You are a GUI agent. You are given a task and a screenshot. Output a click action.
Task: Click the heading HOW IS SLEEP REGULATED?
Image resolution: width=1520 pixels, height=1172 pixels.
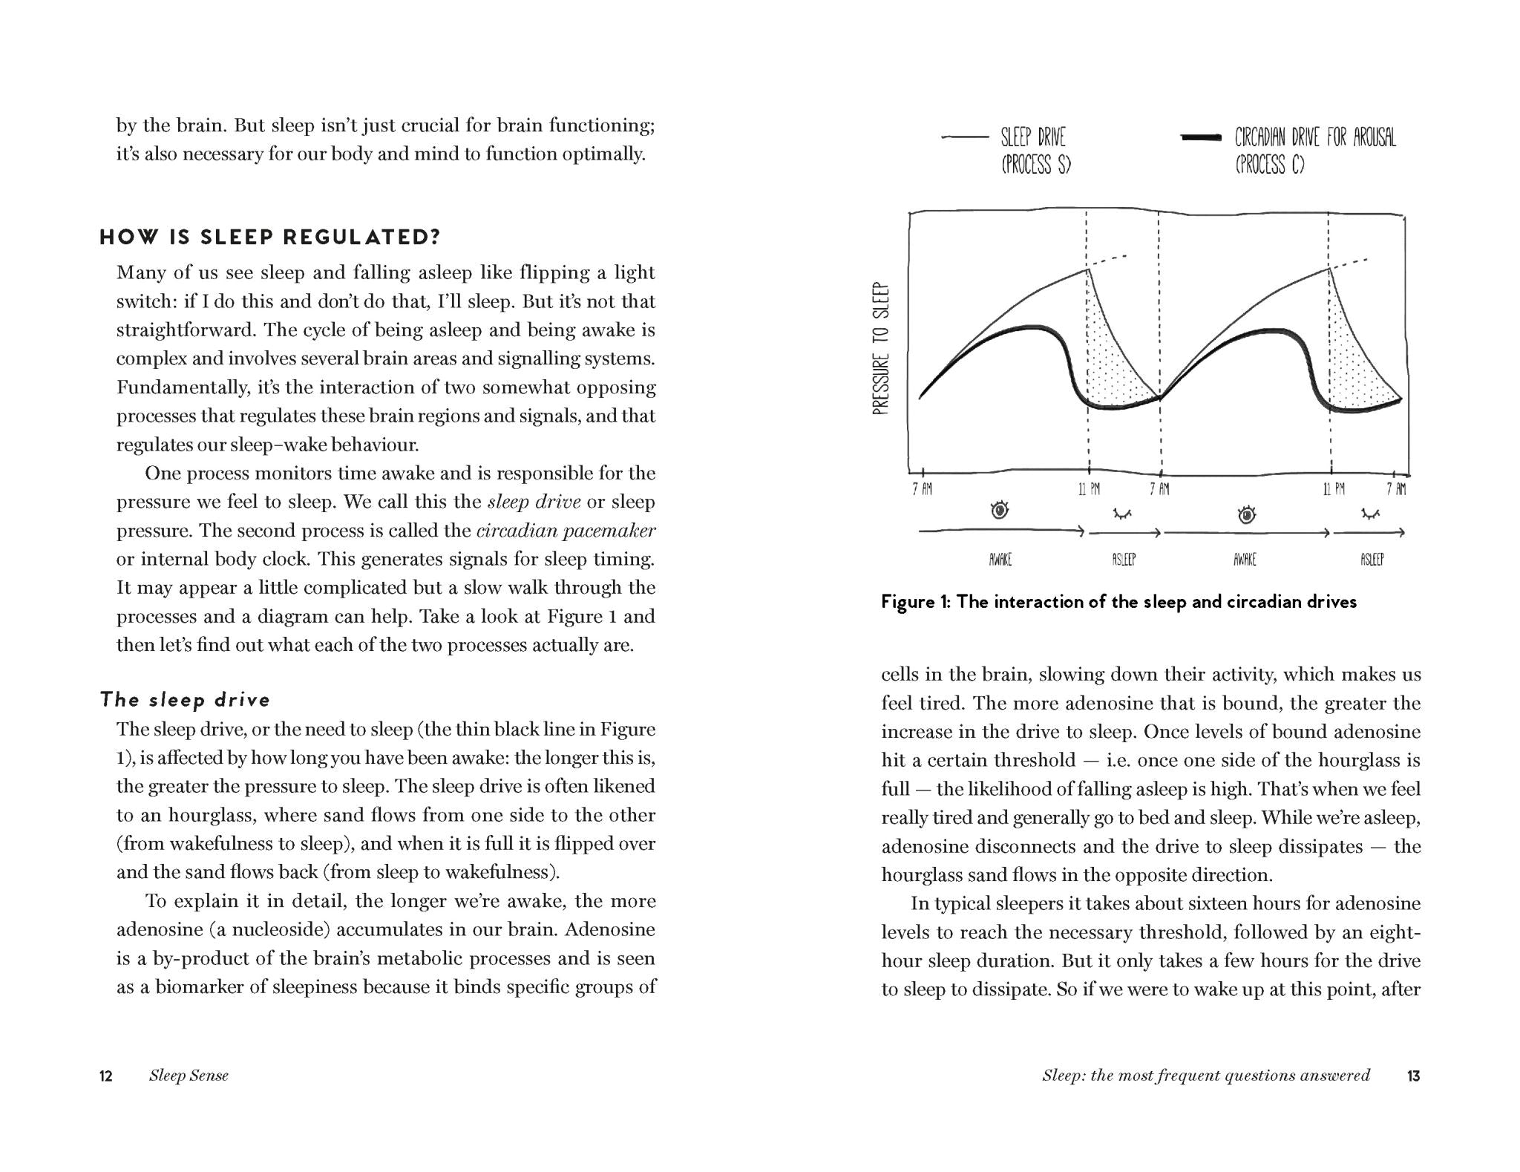click(270, 238)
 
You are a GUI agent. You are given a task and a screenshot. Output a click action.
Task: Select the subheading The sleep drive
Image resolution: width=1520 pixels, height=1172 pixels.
click(185, 700)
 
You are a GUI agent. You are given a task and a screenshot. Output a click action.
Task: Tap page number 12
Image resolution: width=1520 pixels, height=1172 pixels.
click(106, 1076)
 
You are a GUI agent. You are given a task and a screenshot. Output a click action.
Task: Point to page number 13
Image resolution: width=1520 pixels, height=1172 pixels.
click(1413, 1076)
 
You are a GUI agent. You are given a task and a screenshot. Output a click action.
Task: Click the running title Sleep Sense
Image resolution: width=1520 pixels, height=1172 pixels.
click(189, 1076)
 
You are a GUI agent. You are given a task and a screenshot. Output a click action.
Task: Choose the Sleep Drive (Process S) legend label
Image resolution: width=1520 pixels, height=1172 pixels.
click(1035, 151)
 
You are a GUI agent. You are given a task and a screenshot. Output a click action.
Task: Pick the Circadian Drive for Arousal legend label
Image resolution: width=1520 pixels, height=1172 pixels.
click(1314, 151)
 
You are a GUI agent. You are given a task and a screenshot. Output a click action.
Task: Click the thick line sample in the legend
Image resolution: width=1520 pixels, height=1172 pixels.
click(1200, 137)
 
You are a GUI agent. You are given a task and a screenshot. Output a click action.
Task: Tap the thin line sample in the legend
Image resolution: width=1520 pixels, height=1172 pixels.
click(965, 137)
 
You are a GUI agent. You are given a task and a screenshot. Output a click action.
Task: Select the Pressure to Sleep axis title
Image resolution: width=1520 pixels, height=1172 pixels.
click(881, 348)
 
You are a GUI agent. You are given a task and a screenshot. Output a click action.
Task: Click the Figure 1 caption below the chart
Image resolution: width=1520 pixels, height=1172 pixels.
click(1118, 602)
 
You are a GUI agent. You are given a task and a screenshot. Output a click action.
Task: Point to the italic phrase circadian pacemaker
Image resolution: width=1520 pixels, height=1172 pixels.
click(566, 531)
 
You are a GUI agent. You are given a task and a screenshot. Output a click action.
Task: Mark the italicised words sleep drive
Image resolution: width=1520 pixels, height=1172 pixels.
click(534, 502)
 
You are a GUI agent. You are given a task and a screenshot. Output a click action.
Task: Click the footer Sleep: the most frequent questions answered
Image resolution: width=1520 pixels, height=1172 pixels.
click(1206, 1076)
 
